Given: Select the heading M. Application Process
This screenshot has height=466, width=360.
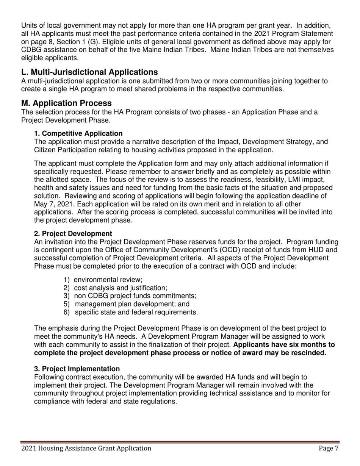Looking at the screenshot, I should pyautogui.click(x=66, y=103).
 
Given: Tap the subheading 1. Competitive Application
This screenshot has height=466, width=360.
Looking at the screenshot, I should pyautogui.click(x=78, y=133).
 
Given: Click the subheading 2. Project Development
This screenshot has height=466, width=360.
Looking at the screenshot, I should pyautogui.click(x=73, y=233).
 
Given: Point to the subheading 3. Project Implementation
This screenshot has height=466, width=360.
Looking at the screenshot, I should pyautogui.click(x=77, y=369).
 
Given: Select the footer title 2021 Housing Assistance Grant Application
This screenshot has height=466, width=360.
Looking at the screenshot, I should pyautogui.click(x=86, y=449).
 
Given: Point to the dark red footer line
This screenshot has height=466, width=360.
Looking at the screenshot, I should pyautogui.click(x=180, y=442).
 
